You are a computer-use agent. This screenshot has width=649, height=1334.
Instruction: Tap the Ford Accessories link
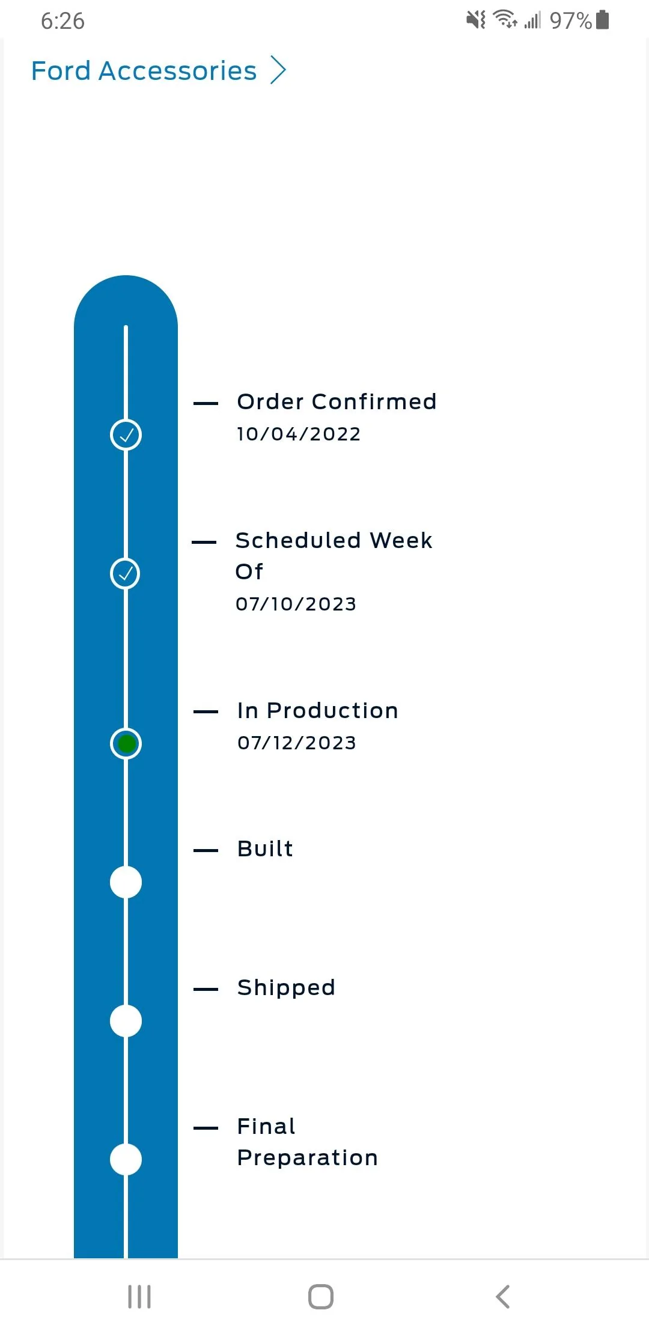[144, 71]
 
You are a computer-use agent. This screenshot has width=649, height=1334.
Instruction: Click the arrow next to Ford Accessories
[278, 70]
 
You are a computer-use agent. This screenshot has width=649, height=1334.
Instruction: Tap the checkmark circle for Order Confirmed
[126, 434]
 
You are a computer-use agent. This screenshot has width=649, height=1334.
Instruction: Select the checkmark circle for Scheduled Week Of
[126, 573]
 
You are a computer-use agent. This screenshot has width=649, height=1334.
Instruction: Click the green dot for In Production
[126, 744]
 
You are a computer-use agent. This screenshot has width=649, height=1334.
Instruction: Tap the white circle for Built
[126, 882]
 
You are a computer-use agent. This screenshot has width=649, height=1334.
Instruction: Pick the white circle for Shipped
[126, 1021]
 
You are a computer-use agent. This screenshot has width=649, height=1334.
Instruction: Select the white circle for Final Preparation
[126, 1159]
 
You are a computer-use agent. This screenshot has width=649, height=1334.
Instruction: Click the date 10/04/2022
[299, 434]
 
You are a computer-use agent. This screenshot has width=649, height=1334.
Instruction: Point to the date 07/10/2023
[296, 604]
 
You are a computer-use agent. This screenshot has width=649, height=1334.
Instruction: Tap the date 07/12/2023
[297, 743]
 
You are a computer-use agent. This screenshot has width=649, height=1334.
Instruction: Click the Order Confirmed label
[337, 401]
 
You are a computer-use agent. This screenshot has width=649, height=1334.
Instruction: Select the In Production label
[318, 710]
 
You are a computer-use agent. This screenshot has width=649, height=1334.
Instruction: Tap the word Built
[265, 848]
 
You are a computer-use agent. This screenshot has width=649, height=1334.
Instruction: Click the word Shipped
[286, 988]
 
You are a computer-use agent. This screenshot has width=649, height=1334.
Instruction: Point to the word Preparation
[308, 1158]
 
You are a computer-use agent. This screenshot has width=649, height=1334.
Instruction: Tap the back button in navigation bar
[503, 1297]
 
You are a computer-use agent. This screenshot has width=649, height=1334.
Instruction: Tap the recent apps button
[139, 1297]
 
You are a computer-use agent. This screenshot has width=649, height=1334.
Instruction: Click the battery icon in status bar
[603, 20]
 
